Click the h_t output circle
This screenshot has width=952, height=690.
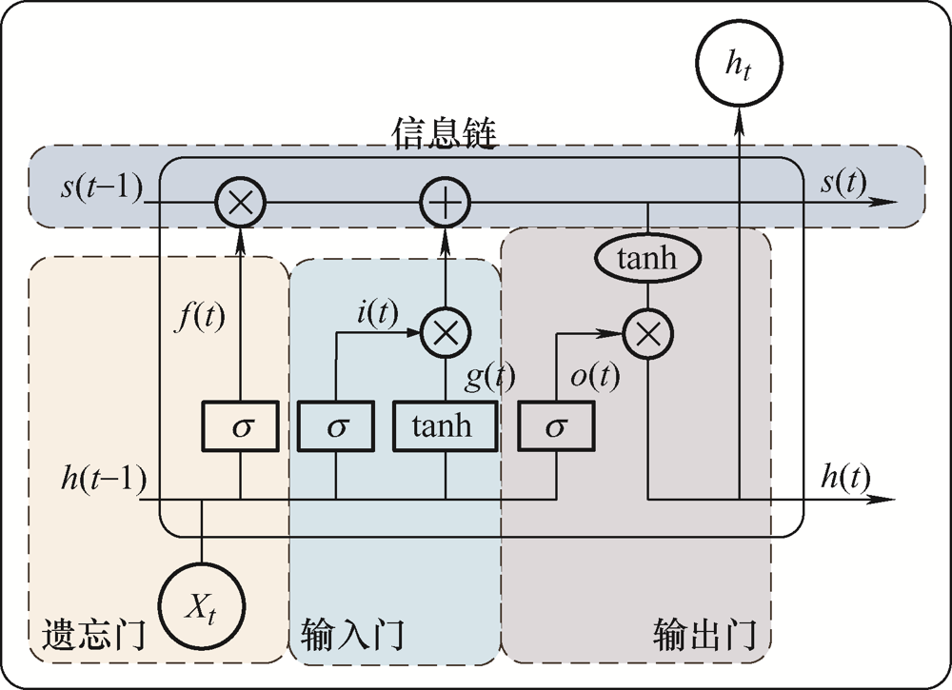coord(740,66)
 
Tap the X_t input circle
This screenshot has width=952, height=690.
coord(202,605)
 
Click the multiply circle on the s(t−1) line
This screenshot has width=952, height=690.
coord(240,202)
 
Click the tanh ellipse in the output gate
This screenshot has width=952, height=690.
coord(647,258)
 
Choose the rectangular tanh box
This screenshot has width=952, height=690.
coord(446,425)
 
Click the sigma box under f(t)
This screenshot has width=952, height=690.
coord(240,425)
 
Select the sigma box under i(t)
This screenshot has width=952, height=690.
coord(335,425)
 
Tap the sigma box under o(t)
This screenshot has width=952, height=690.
coord(556,425)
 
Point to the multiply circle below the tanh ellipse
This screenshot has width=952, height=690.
coord(648,332)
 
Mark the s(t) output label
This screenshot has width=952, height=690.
coord(843,185)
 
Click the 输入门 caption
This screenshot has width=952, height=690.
coord(352,634)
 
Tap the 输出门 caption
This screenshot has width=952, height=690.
coord(705,634)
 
